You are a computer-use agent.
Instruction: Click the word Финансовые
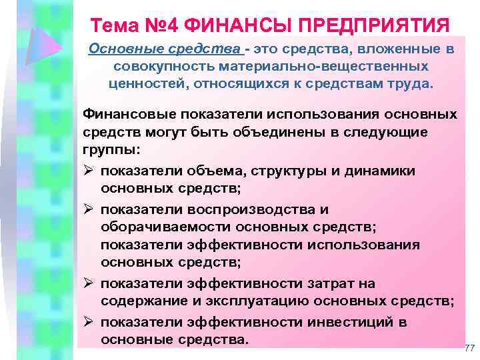[123, 114]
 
